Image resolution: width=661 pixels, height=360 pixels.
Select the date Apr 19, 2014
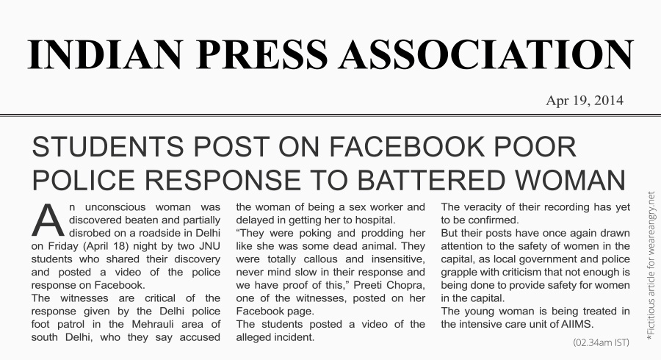click(585, 101)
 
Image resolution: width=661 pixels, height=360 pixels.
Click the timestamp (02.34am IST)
click(601, 342)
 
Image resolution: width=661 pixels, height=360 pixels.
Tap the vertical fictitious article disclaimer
click(650, 265)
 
